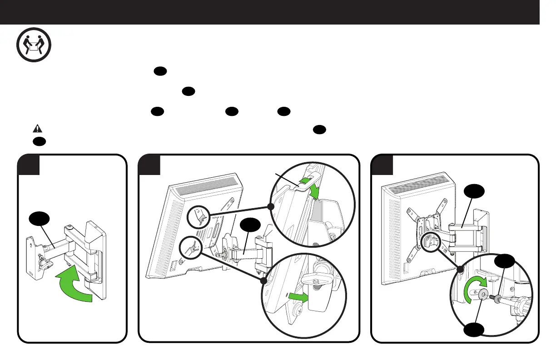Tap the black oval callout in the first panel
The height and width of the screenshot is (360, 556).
[38, 220]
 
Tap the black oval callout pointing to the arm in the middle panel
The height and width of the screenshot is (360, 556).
[249, 226]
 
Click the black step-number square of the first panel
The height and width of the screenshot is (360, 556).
[29, 165]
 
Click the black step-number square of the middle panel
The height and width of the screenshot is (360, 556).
[149, 165]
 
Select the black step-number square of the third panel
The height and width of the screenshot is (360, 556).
[382, 165]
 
